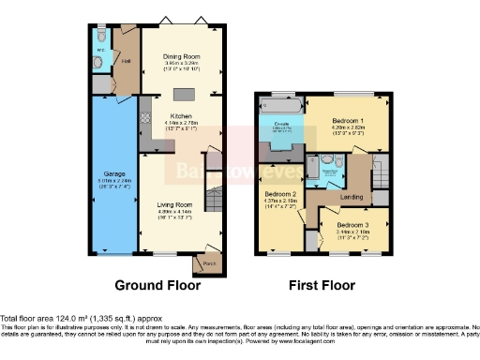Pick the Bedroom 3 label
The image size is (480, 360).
353,226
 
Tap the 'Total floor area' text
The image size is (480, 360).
59,319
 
